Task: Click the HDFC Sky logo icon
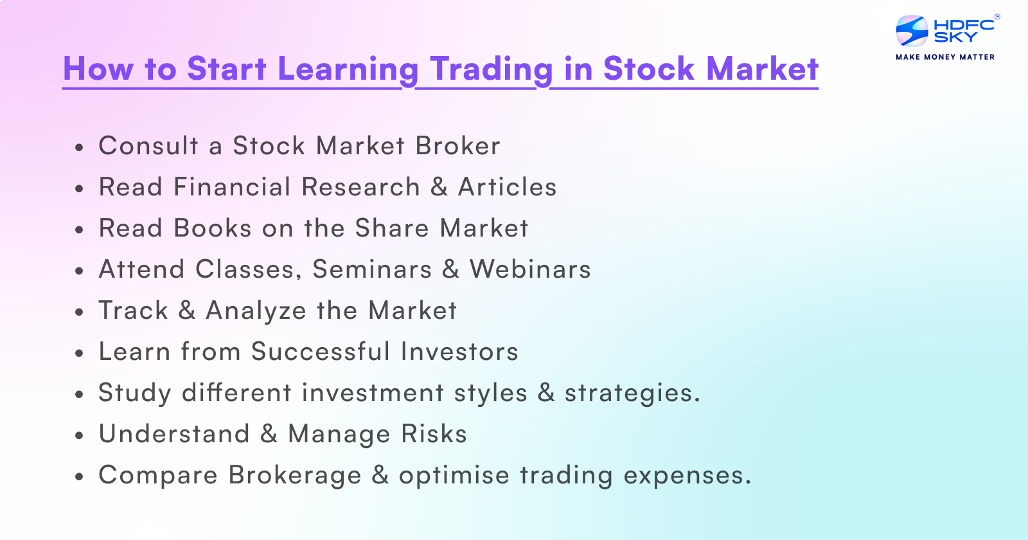(912, 31)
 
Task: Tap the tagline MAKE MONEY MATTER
(945, 57)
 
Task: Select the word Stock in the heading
(648, 69)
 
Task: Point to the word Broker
(457, 146)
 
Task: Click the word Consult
(148, 146)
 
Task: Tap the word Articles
(507, 187)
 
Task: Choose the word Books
(212, 228)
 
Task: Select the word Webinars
(530, 269)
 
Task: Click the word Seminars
(372, 269)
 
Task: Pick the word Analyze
(256, 311)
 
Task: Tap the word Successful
(320, 352)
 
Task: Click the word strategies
(632, 393)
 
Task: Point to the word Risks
(434, 434)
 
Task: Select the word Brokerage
(295, 476)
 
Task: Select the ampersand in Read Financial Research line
(439, 187)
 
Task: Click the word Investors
(459, 352)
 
